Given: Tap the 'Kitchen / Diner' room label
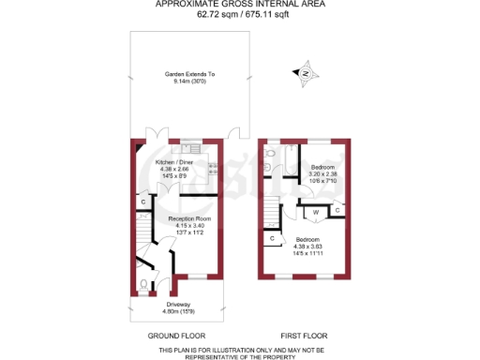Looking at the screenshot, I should click(174, 162).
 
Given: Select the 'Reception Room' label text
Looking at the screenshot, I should click(190, 218).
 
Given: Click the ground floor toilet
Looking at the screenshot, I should click(142, 285).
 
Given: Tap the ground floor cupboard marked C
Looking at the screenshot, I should click(143, 202).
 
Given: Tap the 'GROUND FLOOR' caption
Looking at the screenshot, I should click(177, 336).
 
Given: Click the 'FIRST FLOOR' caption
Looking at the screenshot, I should click(305, 336).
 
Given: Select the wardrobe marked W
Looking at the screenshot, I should click(316, 211).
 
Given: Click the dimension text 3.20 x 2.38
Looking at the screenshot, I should click(323, 173).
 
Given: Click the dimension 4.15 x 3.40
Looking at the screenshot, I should click(190, 225).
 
